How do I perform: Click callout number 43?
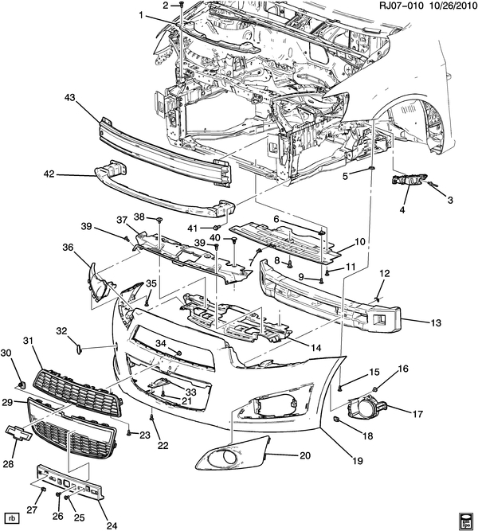(69, 98)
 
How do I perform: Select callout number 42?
(49, 174)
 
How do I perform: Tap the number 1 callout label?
(141, 15)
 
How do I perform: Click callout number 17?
(416, 413)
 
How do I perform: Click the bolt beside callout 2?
(182, 6)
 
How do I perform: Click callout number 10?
(360, 242)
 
